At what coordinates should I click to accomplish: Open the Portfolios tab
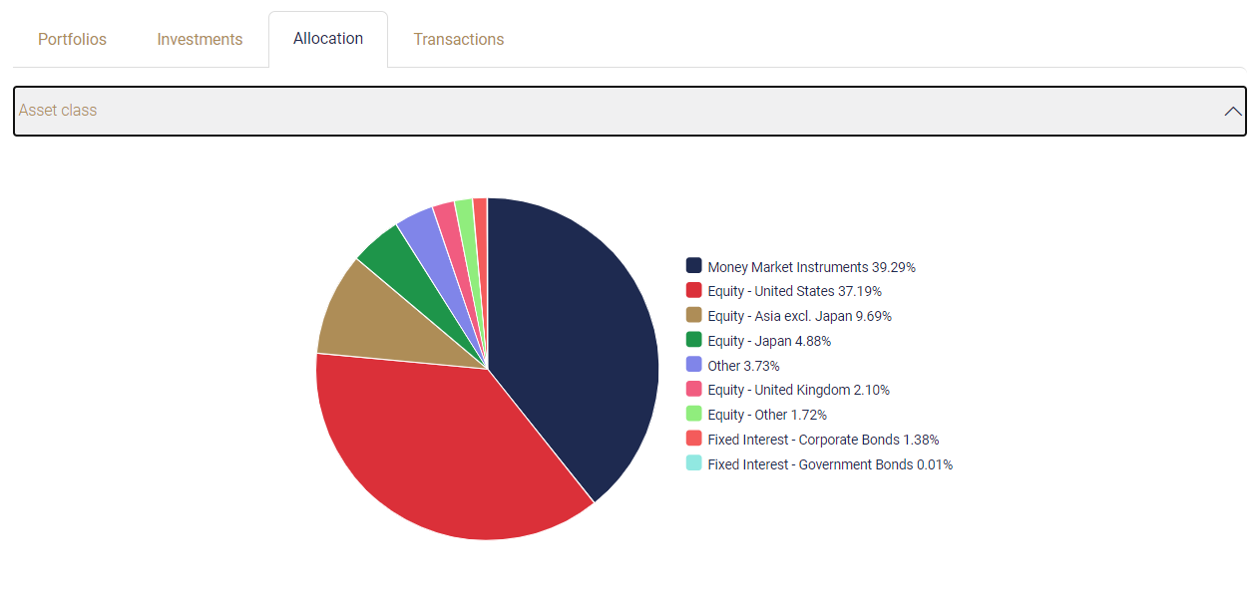point(72,40)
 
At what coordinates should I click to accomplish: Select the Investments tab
point(200,40)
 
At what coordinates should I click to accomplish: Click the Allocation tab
point(328,39)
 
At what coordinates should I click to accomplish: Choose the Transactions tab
point(459,40)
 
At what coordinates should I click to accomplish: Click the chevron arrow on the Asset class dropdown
point(1233,112)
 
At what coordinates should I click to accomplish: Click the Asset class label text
point(58,111)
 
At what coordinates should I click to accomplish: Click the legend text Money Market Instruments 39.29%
point(811,267)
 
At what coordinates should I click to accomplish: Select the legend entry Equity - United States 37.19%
point(794,291)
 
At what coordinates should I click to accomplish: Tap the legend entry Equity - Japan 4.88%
point(769,341)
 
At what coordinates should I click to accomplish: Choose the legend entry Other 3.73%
point(743,366)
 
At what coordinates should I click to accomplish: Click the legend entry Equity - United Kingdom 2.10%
point(798,390)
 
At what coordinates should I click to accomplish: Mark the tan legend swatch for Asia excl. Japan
point(694,315)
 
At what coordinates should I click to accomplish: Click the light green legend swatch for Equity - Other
point(694,414)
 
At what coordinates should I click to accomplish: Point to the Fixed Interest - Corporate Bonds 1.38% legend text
point(823,440)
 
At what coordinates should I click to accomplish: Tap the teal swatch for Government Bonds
point(694,463)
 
